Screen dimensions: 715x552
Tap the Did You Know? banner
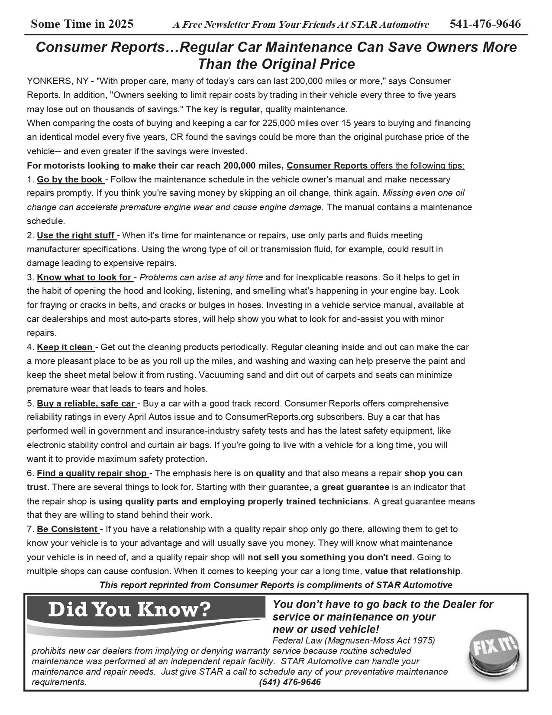click(130, 610)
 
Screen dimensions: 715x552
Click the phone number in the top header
click(485, 24)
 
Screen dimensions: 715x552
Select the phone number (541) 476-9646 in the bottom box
click(290, 682)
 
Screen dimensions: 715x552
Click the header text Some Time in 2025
click(82, 24)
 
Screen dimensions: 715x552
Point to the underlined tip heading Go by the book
click(70, 179)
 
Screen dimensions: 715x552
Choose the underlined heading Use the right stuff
click(76, 235)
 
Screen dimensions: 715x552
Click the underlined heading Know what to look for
click(84, 277)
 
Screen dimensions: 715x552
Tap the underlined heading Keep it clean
click(65, 347)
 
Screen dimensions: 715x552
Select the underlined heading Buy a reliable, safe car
click(86, 403)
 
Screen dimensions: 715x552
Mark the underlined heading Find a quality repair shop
click(92, 473)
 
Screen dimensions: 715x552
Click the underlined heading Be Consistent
click(67, 529)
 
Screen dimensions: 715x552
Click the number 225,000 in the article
click(277, 123)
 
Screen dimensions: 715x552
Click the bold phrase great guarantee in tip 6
click(355, 487)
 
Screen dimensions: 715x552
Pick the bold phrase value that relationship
click(413, 571)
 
